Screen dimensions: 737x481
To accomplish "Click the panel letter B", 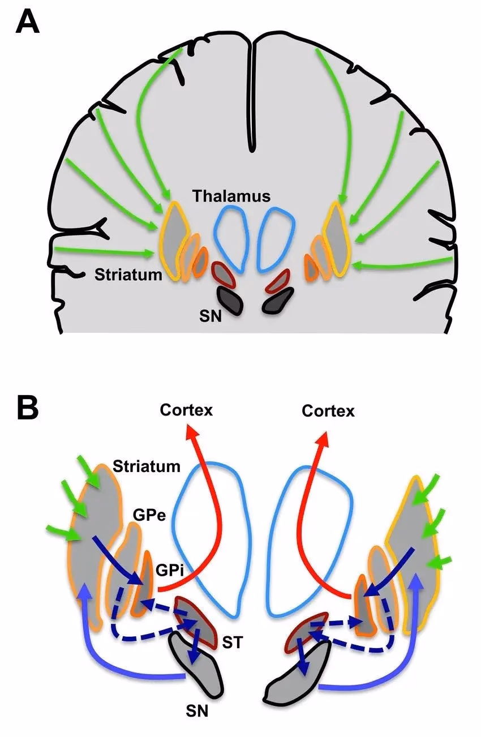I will coord(27,408).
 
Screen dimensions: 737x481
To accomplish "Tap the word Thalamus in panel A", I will coord(231,196).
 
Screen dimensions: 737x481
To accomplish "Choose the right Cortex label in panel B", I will coord(328,410).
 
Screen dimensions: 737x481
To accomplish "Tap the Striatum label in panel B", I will coord(147,466).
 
